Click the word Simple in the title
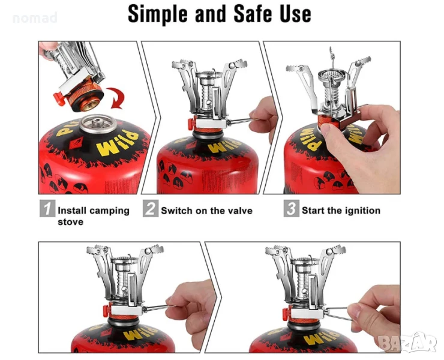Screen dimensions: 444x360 point(157,14)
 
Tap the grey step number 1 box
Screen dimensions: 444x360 point(47,208)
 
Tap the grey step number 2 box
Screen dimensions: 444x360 point(151,208)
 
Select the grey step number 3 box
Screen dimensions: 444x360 point(292,208)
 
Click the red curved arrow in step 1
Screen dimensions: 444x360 point(116,98)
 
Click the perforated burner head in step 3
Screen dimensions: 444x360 point(332,76)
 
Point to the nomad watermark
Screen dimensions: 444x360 point(35,18)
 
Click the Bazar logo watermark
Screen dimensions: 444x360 point(408,343)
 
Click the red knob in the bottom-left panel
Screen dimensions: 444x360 point(106,310)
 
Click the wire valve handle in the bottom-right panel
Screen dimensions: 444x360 point(338,313)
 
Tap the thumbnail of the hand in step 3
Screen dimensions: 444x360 point(326,130)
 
